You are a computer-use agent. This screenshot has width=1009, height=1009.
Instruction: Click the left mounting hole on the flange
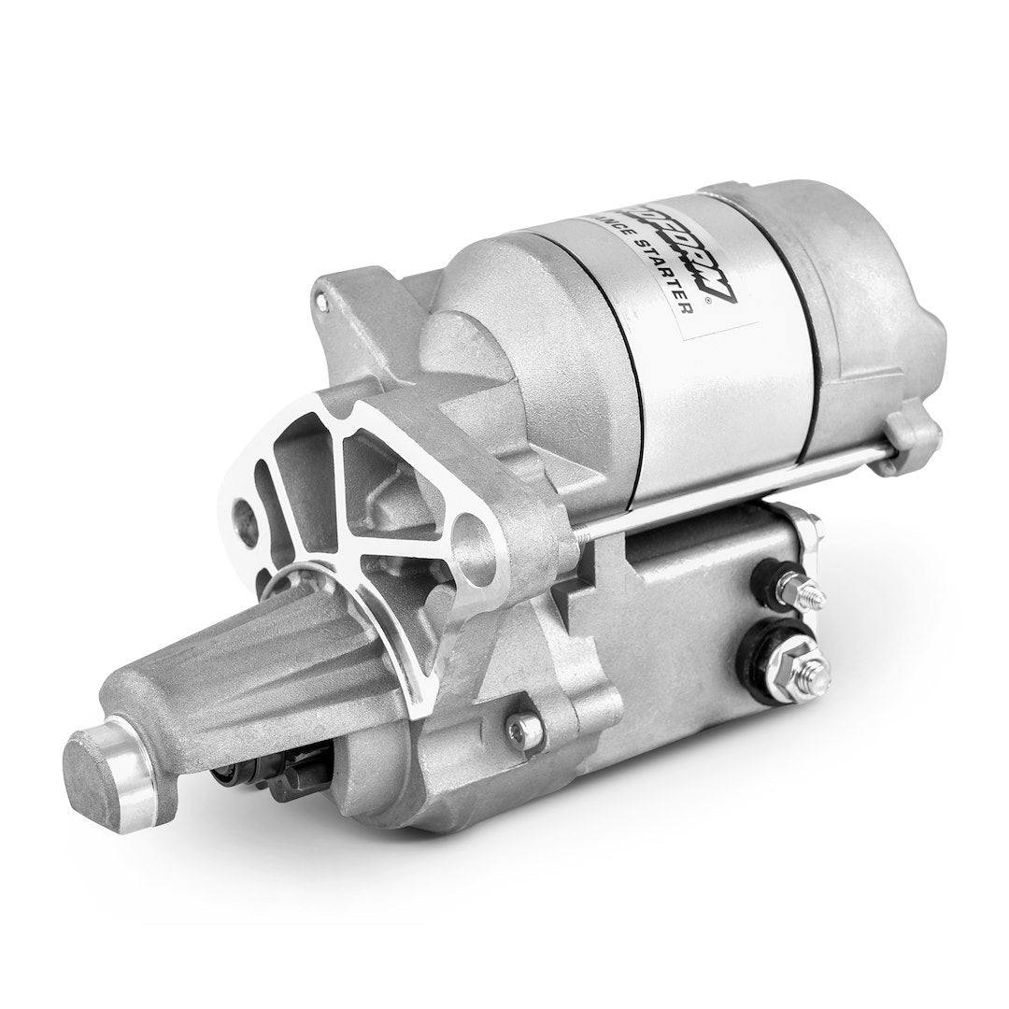click(245, 512)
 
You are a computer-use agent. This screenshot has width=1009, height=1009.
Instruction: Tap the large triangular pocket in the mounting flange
click(374, 486)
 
